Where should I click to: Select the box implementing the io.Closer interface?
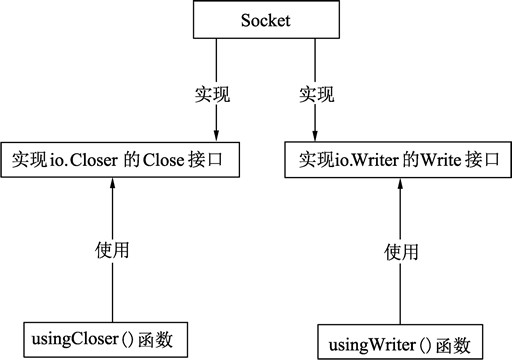pyautogui.click(x=122, y=160)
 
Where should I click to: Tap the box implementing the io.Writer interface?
pyautogui.click(x=390, y=160)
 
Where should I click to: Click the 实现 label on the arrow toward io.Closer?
pyautogui.click(x=210, y=96)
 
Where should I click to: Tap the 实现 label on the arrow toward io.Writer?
pyautogui.click(x=320, y=96)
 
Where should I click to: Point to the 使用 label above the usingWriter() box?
pyautogui.click(x=401, y=252)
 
